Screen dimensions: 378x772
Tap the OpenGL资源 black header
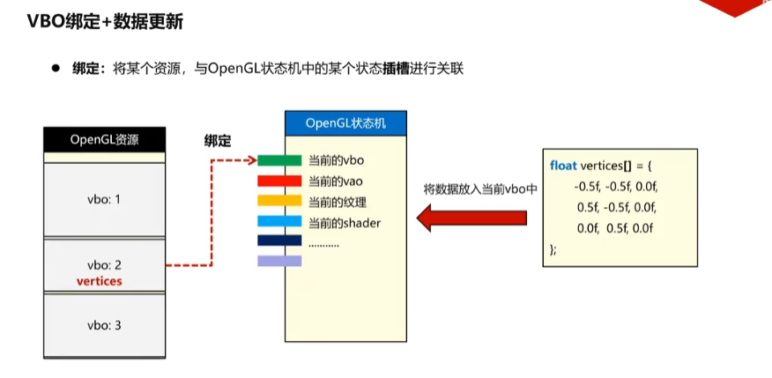(x=105, y=138)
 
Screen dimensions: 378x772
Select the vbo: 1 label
(x=104, y=199)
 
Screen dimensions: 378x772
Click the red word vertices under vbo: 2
(x=100, y=281)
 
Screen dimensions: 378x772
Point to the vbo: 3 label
(x=104, y=325)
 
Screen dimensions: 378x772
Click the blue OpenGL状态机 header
(x=346, y=122)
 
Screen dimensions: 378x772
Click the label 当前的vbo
(x=336, y=160)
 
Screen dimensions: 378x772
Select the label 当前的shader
(x=345, y=223)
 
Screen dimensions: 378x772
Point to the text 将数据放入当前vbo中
(x=480, y=189)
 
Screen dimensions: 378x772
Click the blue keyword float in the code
(x=564, y=165)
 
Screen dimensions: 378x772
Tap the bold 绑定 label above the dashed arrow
(x=218, y=139)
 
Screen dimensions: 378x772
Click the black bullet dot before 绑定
(x=55, y=68)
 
